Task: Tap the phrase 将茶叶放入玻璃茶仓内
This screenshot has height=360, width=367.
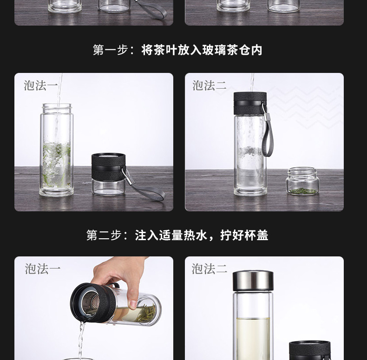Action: click(202, 50)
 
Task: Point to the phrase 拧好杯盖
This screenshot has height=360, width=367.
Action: click(244, 235)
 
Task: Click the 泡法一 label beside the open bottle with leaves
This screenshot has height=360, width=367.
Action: click(41, 85)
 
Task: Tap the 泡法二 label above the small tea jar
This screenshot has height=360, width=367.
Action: click(210, 85)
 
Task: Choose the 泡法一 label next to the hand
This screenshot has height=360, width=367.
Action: click(43, 268)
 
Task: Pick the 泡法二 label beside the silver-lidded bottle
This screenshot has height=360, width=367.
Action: click(210, 268)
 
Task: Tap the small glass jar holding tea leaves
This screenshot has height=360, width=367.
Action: click(302, 181)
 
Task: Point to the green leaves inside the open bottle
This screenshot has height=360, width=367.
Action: click(57, 164)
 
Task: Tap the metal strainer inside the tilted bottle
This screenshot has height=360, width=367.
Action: click(91, 304)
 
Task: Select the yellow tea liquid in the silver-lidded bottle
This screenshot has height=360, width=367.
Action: click(253, 338)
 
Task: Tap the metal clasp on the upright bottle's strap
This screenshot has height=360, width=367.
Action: click(265, 113)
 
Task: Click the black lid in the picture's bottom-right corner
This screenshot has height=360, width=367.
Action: click(309, 350)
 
